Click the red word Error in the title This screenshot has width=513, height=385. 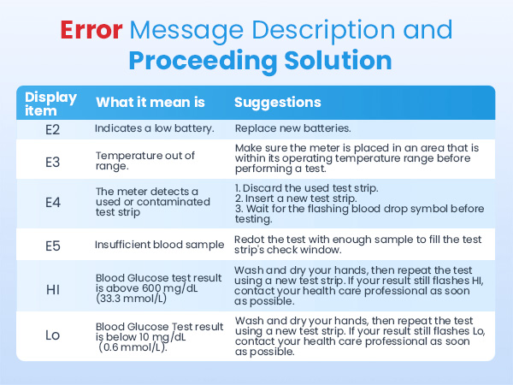91,30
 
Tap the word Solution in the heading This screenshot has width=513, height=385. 338,61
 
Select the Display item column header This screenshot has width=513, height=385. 50,104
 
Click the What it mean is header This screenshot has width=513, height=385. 150,102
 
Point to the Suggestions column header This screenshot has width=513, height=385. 277,103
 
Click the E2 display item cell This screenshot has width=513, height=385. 52,130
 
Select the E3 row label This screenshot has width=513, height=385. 52,162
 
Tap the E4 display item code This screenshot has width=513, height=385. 53,202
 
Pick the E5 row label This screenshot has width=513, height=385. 53,246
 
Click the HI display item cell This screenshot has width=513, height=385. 53,289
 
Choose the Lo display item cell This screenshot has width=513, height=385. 52,335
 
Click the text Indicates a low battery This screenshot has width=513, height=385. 155,128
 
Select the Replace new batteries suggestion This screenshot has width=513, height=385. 292,128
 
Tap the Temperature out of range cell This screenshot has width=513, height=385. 145,161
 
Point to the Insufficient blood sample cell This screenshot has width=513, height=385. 159,245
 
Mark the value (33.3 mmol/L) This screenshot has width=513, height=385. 131,299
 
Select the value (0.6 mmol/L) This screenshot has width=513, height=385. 133,347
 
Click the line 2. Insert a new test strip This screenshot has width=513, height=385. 296,198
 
